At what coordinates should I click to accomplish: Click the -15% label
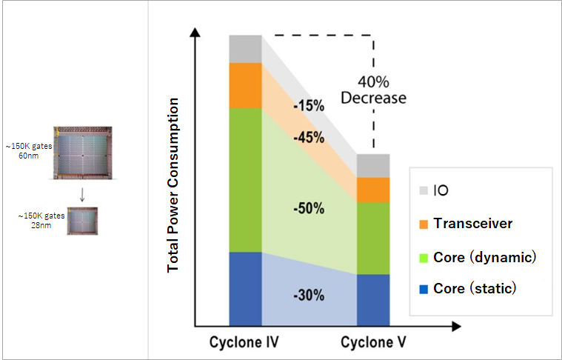pos(308,106)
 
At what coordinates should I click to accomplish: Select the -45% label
pos(308,137)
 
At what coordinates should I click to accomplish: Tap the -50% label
pos(308,208)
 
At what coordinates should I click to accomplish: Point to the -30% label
pos(308,295)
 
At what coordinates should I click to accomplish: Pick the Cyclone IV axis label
pos(245,343)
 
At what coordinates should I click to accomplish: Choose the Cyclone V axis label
pos(373,343)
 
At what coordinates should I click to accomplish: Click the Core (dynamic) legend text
pos(484,257)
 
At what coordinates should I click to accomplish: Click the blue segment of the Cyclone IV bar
pos(245,288)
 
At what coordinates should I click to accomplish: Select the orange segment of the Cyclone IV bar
pos(245,85)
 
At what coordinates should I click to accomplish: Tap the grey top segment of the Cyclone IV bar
pos(245,49)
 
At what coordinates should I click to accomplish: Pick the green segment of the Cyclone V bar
pos(373,238)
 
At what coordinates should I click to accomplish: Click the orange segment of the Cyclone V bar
pos(373,190)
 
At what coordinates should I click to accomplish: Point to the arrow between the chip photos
pos(81,194)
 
